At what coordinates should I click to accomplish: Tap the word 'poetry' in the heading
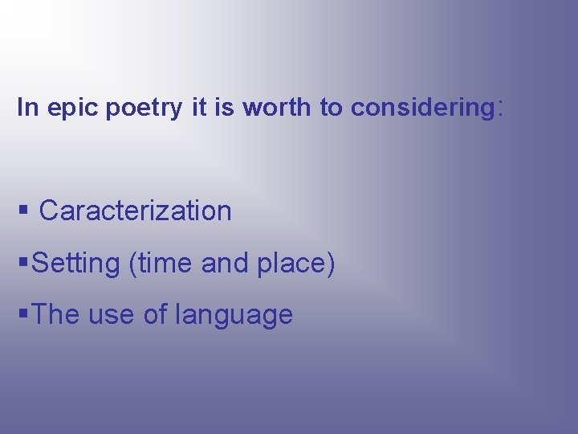coord(144,108)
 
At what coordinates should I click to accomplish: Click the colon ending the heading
coord(502,108)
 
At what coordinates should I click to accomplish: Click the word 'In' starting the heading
coord(28,108)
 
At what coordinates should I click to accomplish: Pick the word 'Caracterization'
coord(135,211)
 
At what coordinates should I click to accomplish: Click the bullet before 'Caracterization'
coord(22,211)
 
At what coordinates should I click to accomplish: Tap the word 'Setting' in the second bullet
coord(77,264)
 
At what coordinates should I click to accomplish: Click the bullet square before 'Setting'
coord(22,264)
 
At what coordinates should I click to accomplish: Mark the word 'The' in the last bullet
coord(56,315)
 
